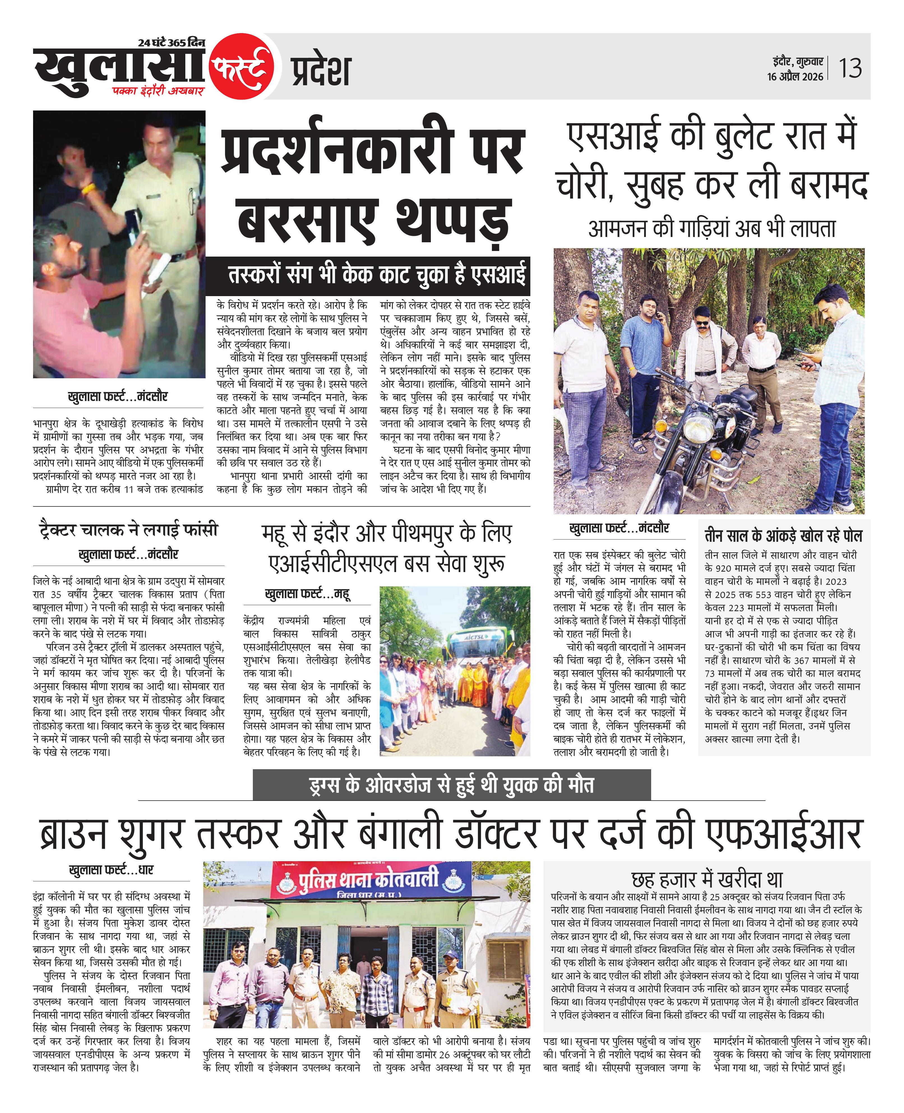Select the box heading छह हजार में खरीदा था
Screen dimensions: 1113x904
coord(707,880)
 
